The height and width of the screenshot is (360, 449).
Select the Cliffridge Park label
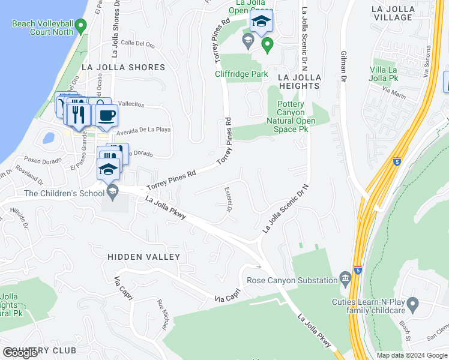(x=242, y=74)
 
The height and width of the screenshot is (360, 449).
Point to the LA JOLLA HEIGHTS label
(x=299, y=82)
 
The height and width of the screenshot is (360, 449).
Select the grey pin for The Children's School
(x=112, y=191)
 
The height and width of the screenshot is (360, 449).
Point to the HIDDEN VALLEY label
(x=143, y=257)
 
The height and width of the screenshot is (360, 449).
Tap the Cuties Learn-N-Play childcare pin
(x=412, y=305)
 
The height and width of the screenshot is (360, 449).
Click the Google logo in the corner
(x=20, y=353)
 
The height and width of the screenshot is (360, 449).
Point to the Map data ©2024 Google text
(x=412, y=355)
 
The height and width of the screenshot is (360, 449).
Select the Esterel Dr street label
(x=229, y=199)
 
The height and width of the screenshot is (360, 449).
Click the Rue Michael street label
(x=161, y=315)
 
